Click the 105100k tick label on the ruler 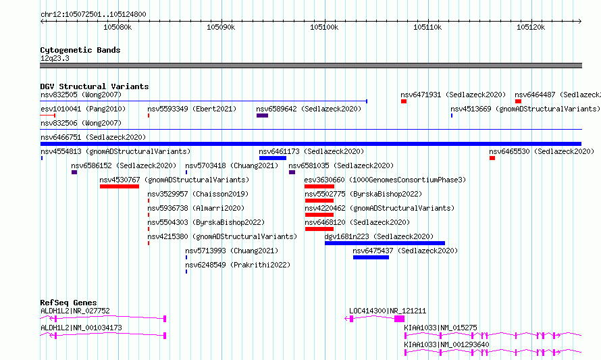tap(324, 27)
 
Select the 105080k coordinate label tap(117, 27)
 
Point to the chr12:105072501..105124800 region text tap(93, 15)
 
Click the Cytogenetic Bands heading tap(80, 50)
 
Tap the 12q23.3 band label tap(55, 58)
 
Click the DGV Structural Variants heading tap(95, 86)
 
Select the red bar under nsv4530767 tap(120, 186)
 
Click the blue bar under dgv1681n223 tap(385, 243)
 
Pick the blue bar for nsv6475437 tap(371, 257)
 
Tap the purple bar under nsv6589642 tap(262, 115)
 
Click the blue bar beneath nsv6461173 tap(273, 158)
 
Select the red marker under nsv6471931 tap(404, 101)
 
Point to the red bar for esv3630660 tap(319, 186)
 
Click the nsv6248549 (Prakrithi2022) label tap(238, 265)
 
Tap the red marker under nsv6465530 tap(492, 158)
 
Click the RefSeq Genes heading tap(68, 303)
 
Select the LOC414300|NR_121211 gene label tap(388, 311)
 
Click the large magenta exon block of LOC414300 tap(399, 319)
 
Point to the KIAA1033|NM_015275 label tap(440, 328)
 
